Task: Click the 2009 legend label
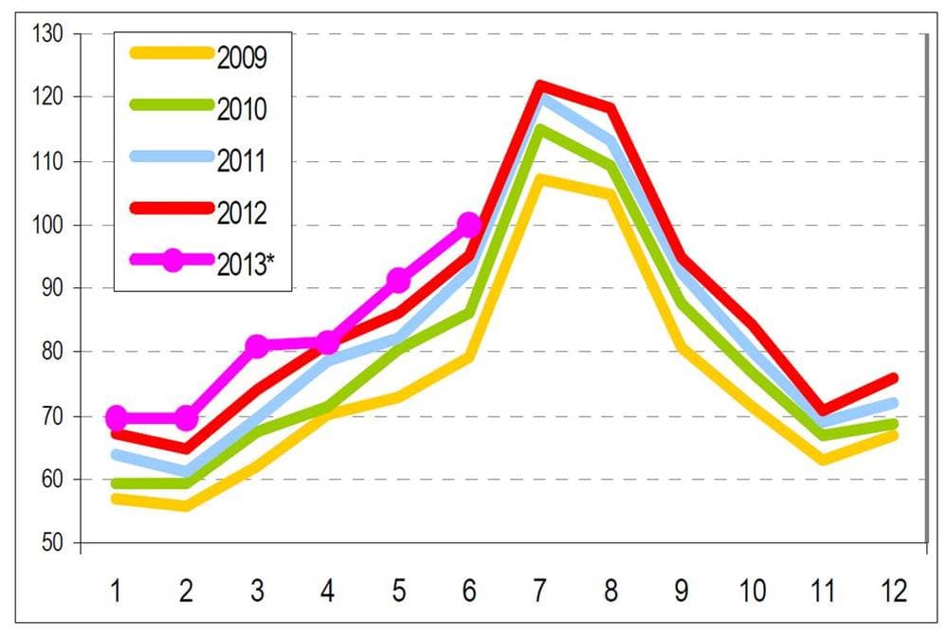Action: coord(242,58)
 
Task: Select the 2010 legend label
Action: coord(242,109)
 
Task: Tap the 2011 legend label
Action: coord(241,161)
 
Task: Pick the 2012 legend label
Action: coord(242,213)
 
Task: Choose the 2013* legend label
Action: coord(246,265)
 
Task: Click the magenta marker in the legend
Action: coord(173,260)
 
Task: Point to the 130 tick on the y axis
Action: coord(47,34)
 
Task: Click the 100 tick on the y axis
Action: coord(47,226)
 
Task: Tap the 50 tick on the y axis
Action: coord(52,542)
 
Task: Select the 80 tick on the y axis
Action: coord(52,351)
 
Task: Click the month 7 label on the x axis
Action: coord(540,590)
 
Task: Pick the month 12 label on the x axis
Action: coord(894,590)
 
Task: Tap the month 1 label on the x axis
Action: coord(116,590)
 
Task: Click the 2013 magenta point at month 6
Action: coord(469,225)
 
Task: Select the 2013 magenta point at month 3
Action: coord(257,346)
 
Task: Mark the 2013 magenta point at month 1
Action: coord(116,417)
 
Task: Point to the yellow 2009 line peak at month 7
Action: coord(540,179)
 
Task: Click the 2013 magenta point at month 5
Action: coord(398,280)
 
